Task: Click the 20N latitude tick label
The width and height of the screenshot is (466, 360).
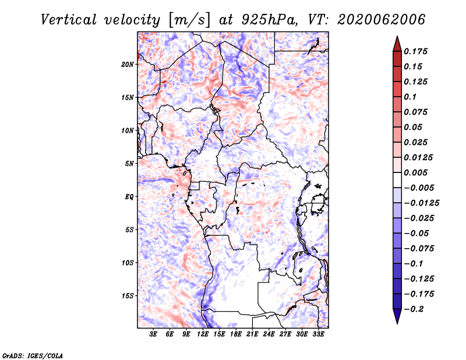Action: pos(128,65)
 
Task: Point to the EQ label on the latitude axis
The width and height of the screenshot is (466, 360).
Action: pos(129,197)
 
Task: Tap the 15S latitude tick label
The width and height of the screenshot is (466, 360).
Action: pos(128,296)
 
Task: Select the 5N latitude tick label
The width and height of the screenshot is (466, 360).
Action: pos(129,164)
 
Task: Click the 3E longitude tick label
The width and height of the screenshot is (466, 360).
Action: pos(153,334)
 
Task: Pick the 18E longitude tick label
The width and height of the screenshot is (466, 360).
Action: pos(236,334)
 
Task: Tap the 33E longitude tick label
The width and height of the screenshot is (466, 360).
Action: pos(318,334)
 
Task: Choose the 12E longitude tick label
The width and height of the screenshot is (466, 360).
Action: pos(203,334)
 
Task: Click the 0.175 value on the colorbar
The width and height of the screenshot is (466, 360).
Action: pos(415,51)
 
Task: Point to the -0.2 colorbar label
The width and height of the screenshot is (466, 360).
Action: pos(414,309)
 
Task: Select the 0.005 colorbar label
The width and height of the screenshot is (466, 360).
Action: pos(415,172)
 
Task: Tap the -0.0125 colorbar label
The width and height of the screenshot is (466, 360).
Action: pos(421,203)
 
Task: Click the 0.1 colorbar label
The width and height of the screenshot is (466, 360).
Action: pos(410,97)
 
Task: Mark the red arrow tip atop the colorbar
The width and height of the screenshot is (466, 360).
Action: pos(397,36)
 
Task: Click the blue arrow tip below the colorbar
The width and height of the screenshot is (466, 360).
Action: pos(397,323)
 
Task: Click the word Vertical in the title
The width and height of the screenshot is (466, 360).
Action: pos(68,20)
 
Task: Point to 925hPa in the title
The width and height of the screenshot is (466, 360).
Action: pos(270,20)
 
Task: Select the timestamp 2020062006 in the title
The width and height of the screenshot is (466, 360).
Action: pos(382,20)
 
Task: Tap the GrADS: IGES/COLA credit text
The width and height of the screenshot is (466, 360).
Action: pos(33,356)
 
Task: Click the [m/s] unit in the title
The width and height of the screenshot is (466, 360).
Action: pos(189,20)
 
